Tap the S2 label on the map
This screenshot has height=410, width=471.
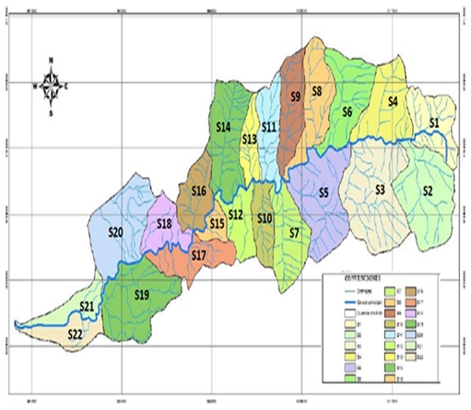click(x=427, y=191)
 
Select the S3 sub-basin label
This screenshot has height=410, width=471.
click(x=380, y=190)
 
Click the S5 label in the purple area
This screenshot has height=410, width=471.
click(x=323, y=193)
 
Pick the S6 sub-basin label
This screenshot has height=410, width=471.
click(x=347, y=112)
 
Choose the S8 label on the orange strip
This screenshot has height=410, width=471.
click(x=315, y=91)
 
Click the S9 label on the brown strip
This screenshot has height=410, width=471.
click(x=295, y=95)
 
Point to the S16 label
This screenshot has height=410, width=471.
click(x=198, y=191)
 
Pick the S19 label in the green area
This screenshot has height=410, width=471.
click(x=141, y=295)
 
